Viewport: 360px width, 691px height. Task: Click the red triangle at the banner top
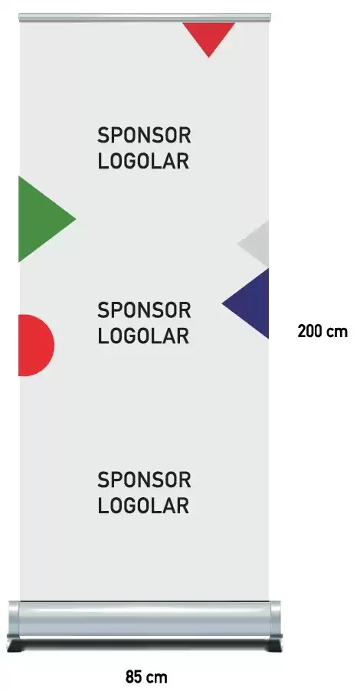pos(209,35)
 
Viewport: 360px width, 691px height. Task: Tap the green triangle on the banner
pos(40,219)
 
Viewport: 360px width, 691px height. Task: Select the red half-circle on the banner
pos(34,345)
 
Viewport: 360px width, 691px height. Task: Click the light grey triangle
pos(257,244)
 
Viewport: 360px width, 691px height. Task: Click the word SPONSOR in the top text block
pos(144,136)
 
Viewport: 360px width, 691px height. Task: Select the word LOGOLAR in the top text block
pos(143,162)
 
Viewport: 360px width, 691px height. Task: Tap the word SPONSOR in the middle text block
pos(144,310)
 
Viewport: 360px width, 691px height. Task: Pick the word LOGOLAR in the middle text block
pos(143,336)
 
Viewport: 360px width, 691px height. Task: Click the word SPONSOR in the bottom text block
pos(144,480)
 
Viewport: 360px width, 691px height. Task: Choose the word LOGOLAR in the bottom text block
pos(143,506)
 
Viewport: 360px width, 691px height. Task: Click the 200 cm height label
pos(322,331)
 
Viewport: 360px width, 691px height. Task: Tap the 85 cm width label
pos(146,676)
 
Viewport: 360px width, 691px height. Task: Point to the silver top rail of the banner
pos(145,17)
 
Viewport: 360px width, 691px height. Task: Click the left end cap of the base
pos(13,620)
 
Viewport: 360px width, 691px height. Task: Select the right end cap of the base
pos(276,620)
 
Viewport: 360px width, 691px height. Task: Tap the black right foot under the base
pos(273,645)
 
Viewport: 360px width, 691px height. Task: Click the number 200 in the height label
pos(309,331)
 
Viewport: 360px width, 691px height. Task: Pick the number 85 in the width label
pos(134,676)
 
